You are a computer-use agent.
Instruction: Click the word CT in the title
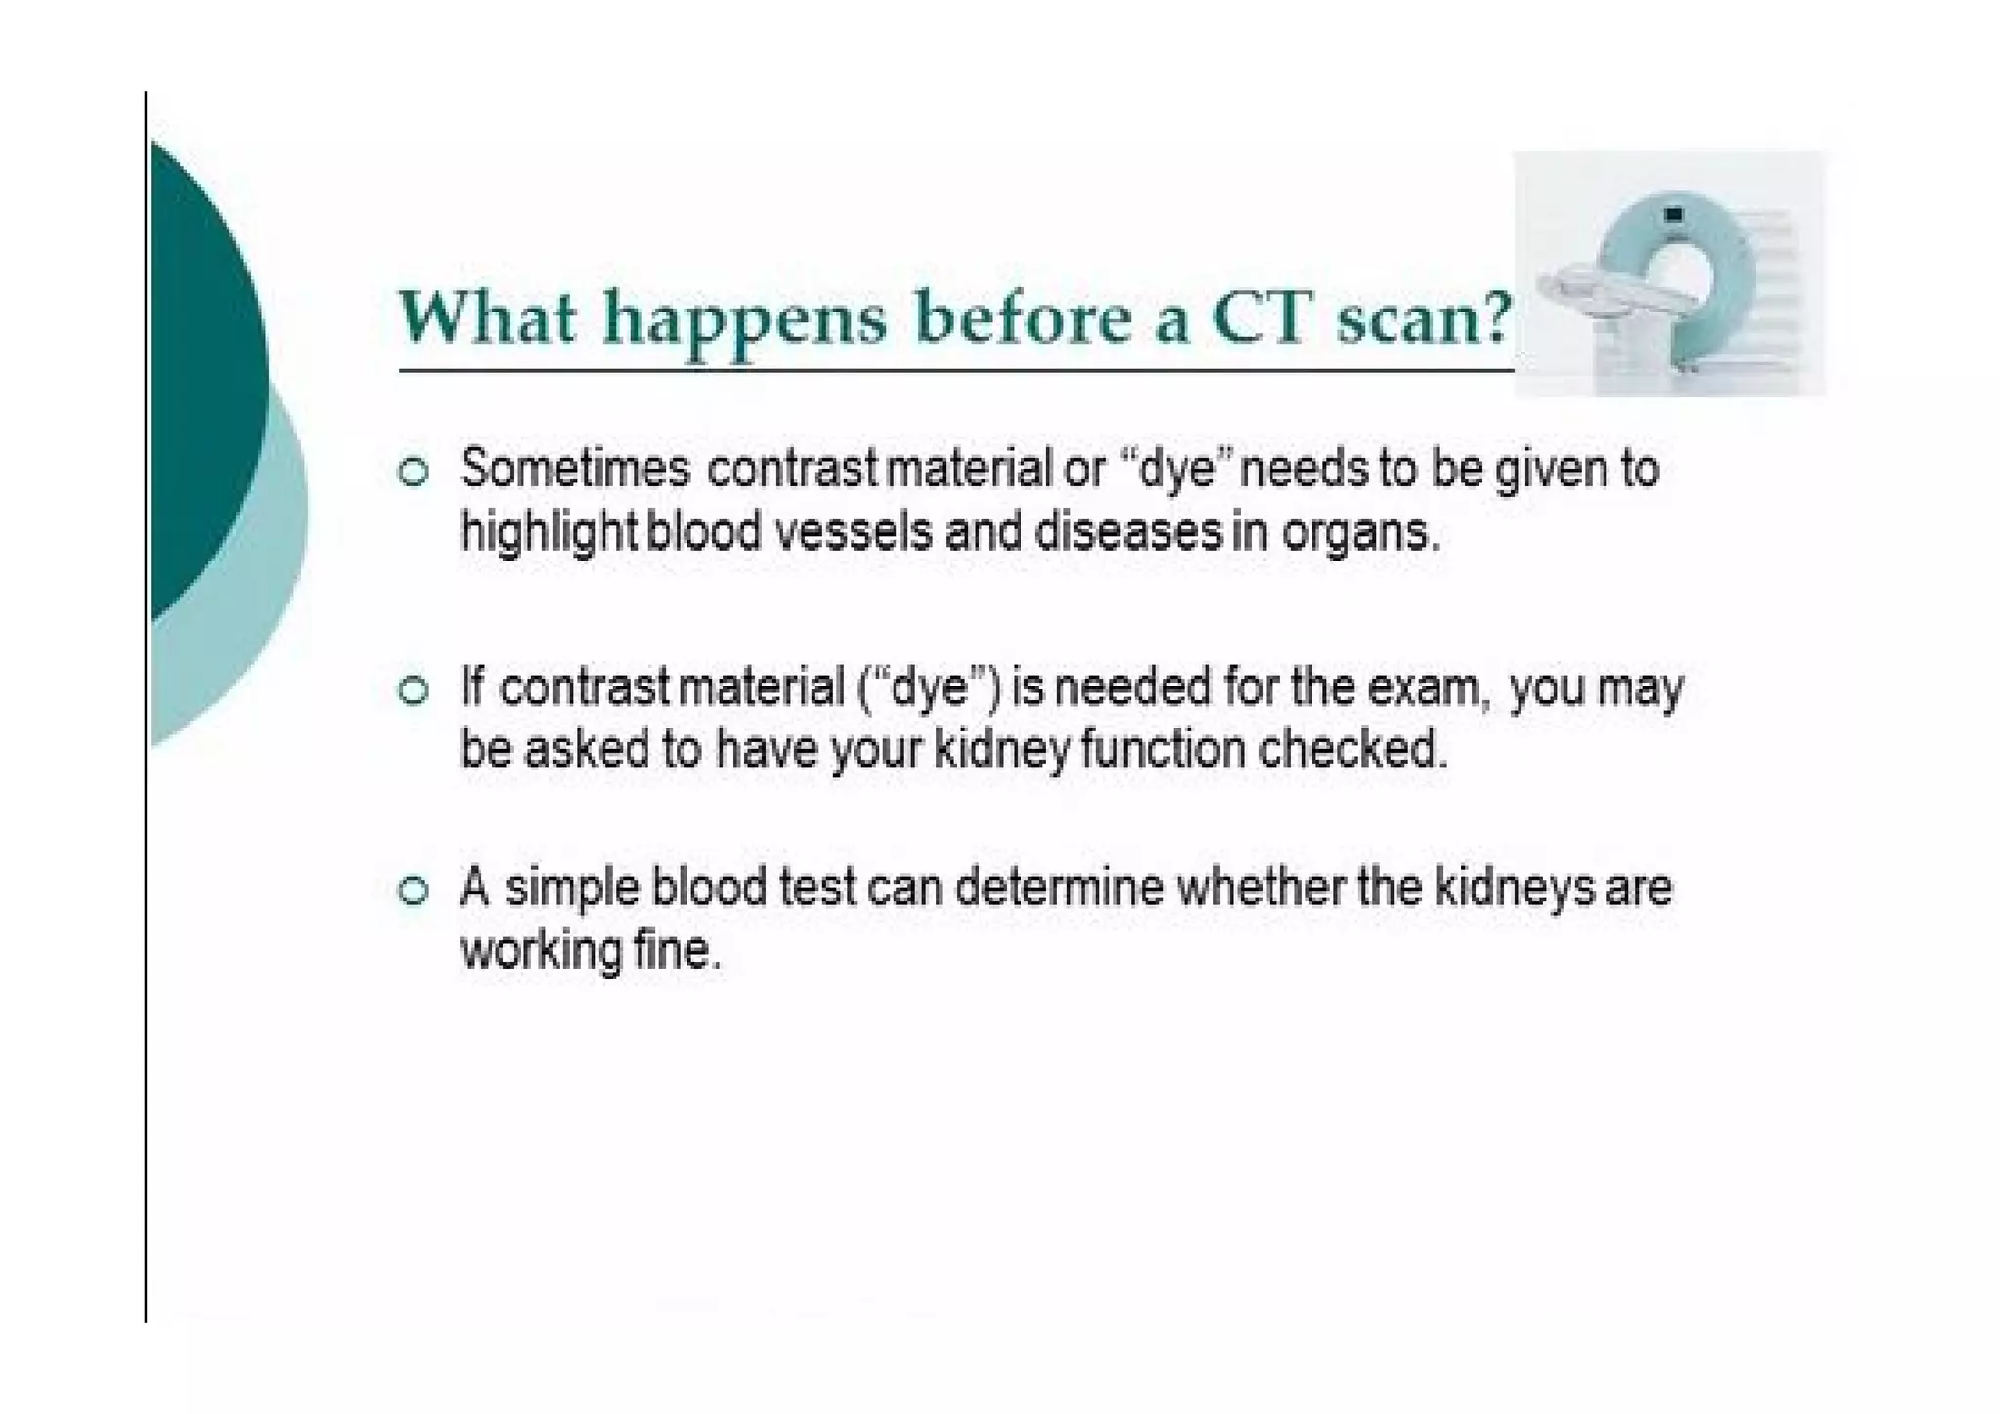point(1260,318)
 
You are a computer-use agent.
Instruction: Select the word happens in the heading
point(744,321)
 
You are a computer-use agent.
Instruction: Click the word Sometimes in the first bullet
point(575,469)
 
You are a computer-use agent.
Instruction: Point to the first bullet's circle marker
point(414,473)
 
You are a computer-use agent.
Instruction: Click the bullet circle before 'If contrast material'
point(414,691)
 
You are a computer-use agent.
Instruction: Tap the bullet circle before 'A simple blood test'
point(414,891)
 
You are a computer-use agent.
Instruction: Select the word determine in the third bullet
point(1059,889)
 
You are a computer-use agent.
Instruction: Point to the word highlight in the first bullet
point(548,535)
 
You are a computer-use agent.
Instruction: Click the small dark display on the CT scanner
point(1674,214)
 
